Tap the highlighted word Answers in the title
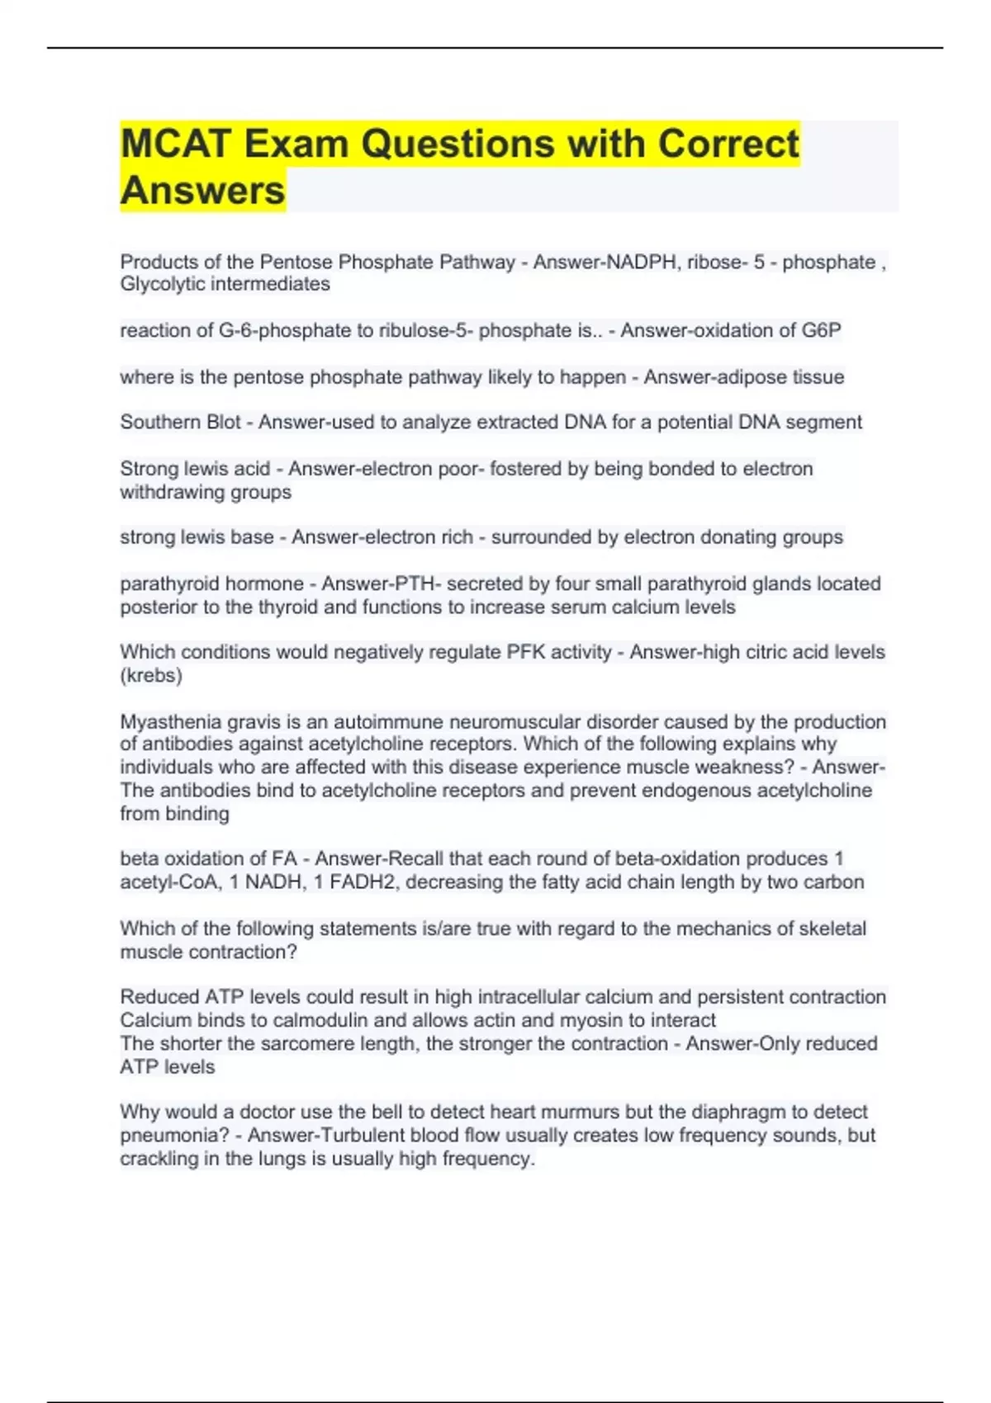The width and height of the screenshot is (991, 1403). click(x=202, y=191)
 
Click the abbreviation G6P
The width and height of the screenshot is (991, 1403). click(x=821, y=330)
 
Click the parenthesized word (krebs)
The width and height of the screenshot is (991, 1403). click(x=151, y=675)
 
